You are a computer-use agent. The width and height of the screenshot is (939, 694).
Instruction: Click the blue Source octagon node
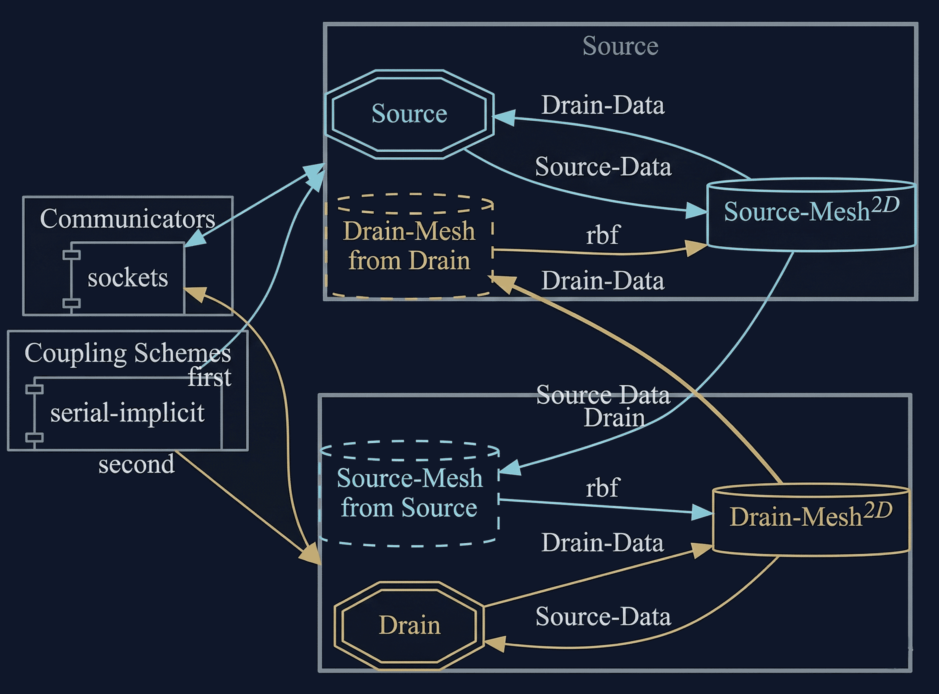[409, 114]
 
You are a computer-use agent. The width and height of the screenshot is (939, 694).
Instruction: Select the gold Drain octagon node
[409, 625]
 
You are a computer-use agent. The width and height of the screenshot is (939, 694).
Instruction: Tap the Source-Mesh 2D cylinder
[811, 215]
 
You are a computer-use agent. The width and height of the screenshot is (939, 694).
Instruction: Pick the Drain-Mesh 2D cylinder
[811, 520]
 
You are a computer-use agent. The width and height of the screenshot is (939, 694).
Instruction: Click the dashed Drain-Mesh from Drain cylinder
[409, 246]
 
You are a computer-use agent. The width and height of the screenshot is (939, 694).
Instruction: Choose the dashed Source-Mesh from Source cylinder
[409, 494]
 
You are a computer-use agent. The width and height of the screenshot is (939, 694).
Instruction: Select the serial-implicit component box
[127, 413]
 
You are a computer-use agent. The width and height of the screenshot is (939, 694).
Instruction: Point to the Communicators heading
[127, 218]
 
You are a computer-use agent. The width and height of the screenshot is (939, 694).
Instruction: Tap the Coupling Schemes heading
[127, 353]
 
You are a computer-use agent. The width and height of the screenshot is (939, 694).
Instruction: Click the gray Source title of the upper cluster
[620, 46]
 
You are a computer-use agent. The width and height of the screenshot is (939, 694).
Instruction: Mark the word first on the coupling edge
[209, 377]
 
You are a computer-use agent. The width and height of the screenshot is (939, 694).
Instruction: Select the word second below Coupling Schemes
[136, 465]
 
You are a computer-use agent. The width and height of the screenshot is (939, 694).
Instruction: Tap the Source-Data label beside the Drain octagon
[603, 617]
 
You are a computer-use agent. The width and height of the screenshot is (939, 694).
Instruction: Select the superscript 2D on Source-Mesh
[885, 205]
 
